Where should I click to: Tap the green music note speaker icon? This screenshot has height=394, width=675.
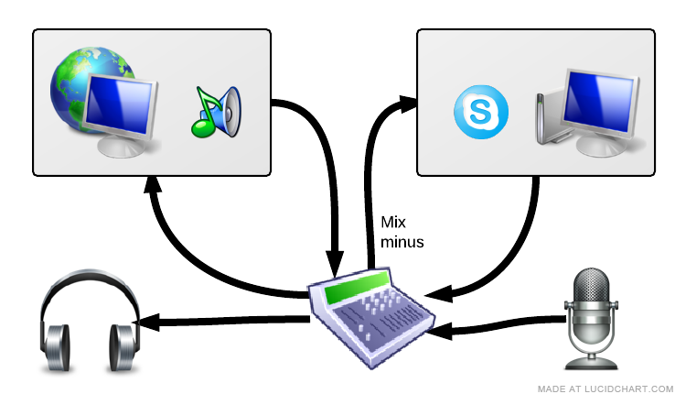(216, 111)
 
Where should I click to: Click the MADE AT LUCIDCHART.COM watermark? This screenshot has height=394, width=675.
(605, 388)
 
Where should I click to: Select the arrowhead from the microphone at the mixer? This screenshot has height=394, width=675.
(438, 332)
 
